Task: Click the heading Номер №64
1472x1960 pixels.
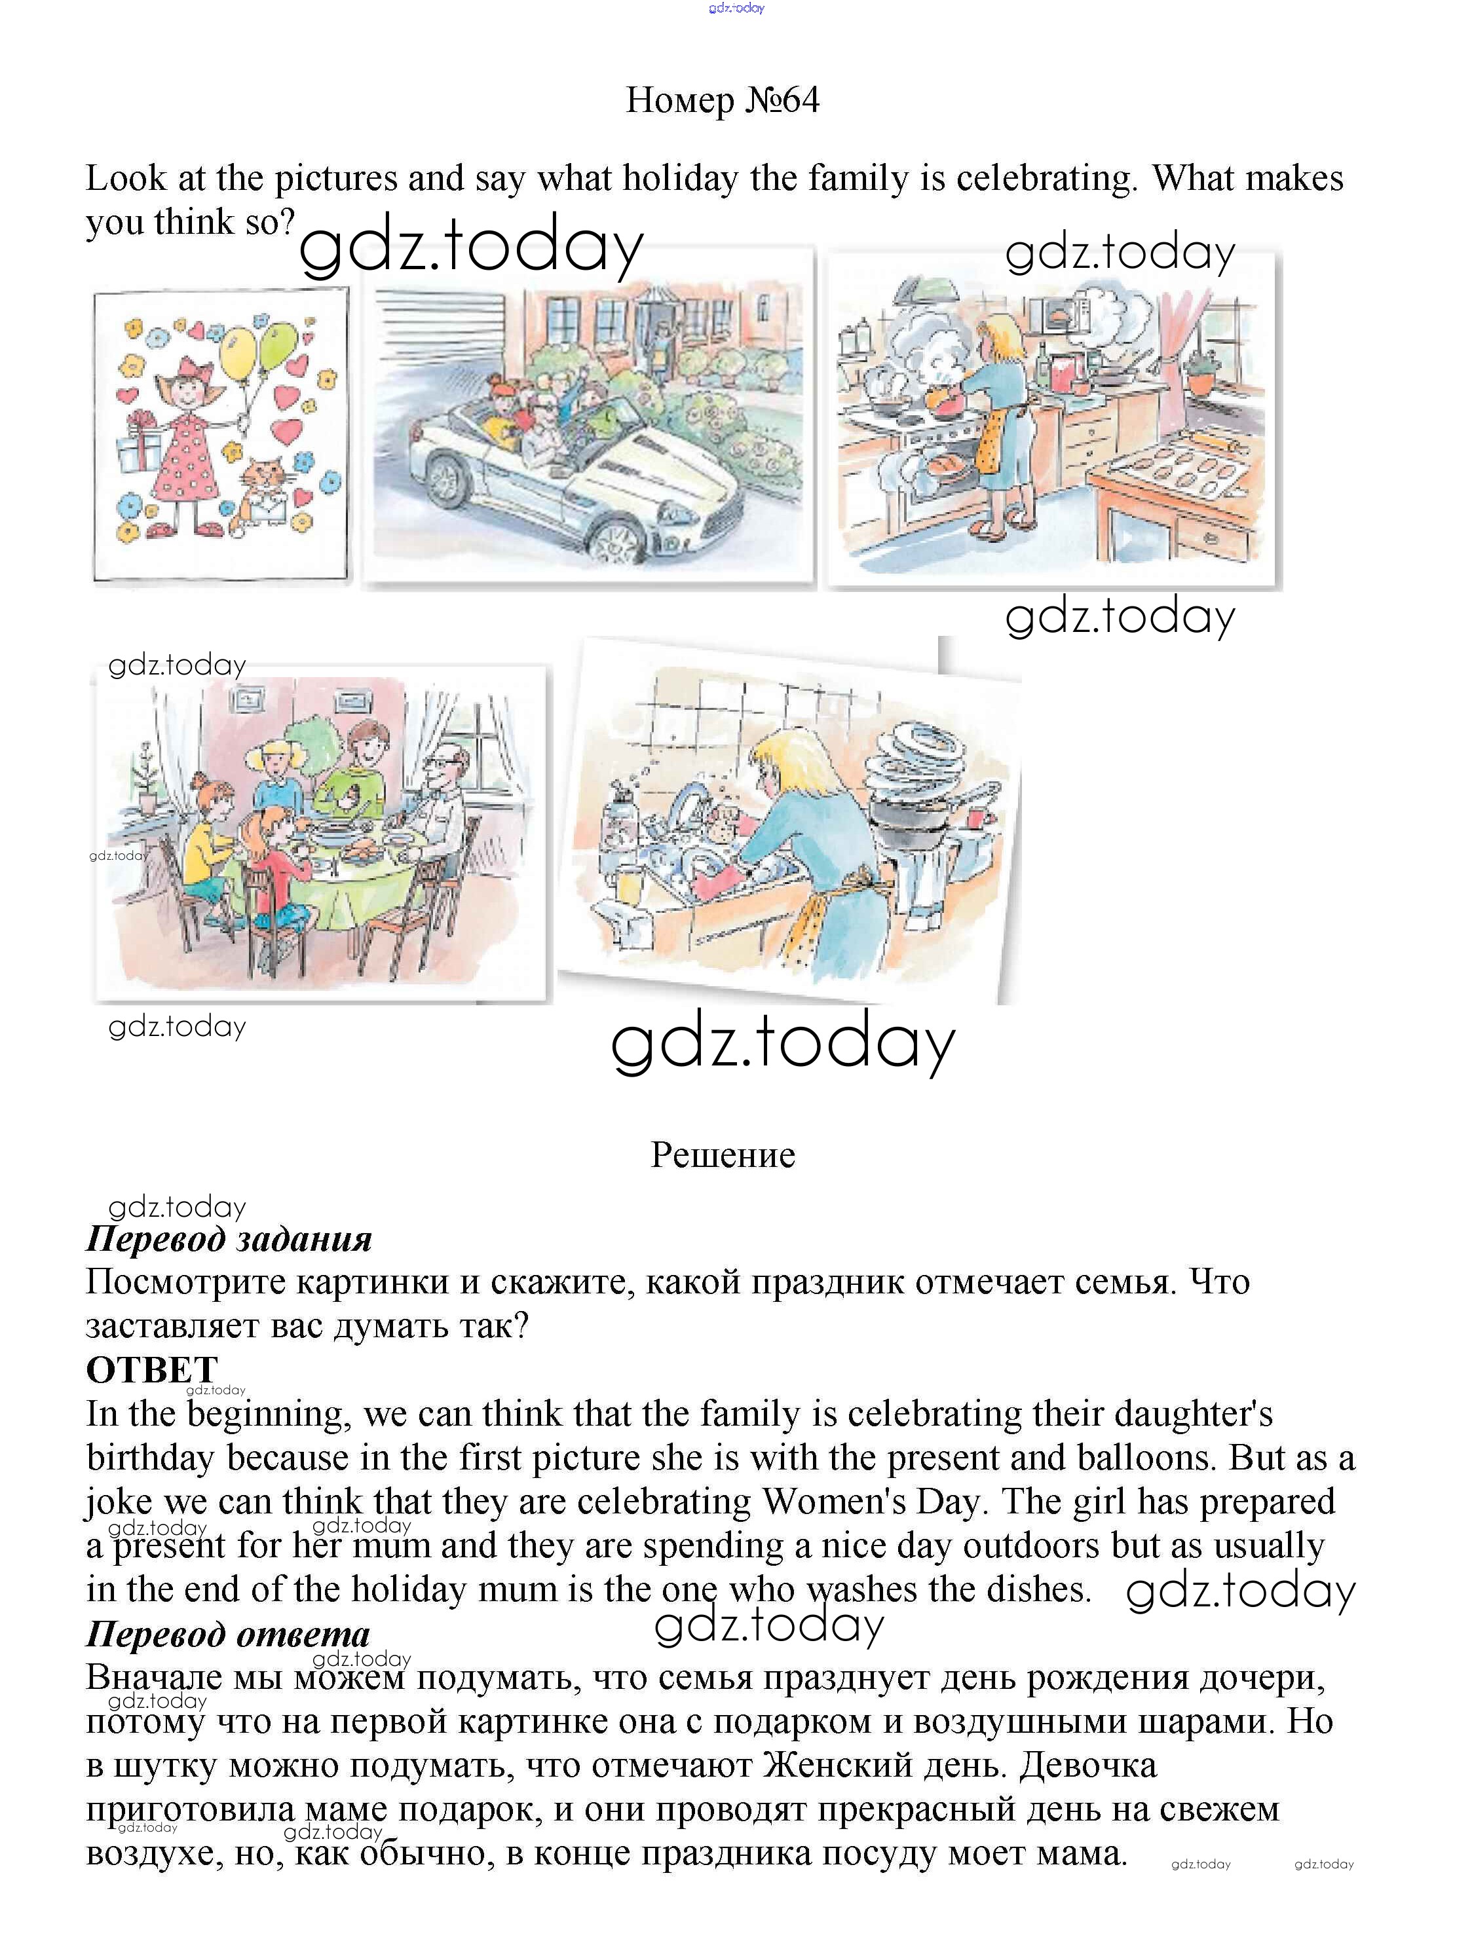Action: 723,100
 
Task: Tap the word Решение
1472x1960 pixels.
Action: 723,1155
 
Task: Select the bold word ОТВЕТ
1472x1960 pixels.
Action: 151,1370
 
